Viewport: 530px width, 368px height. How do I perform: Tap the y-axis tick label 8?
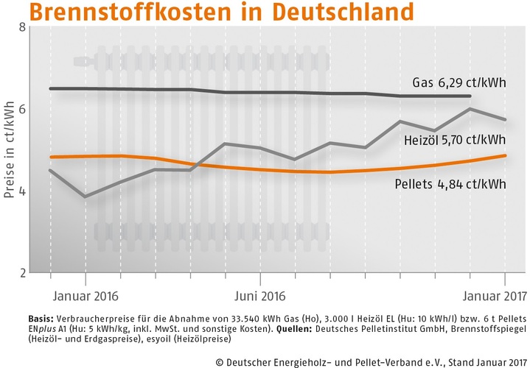[22, 27]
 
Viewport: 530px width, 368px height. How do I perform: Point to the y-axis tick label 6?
[22, 109]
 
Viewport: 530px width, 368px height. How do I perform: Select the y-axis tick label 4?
[22, 191]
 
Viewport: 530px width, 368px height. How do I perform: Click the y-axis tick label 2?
[22, 273]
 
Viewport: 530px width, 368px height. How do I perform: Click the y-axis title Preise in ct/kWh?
[10, 150]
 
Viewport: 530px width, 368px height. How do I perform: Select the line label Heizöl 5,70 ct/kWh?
[455, 139]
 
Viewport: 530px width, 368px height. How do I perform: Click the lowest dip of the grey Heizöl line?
[86, 197]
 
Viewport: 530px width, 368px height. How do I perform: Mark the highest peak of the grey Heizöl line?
[470, 109]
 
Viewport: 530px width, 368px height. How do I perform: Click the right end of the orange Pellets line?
[504, 155]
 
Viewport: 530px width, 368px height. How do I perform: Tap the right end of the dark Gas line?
[470, 96]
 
